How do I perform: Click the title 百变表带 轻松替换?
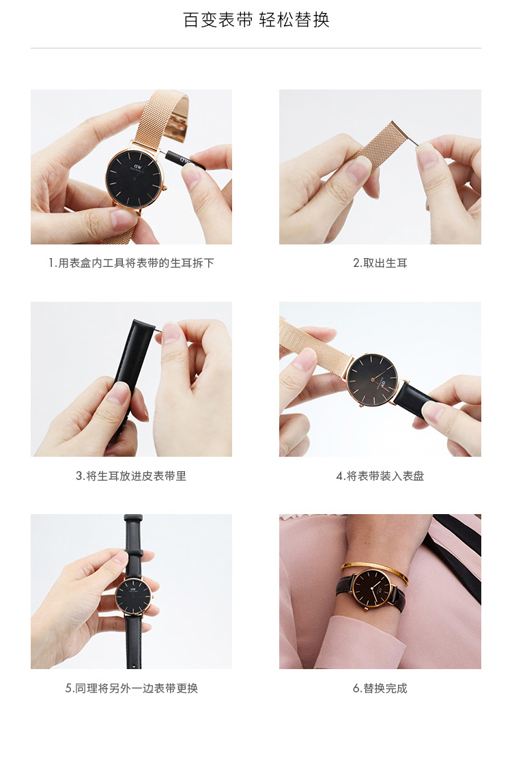point(256,20)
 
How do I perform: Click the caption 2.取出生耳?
point(380,263)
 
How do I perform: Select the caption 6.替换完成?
point(380,688)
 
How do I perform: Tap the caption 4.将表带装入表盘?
point(380,476)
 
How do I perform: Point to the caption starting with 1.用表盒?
point(131,263)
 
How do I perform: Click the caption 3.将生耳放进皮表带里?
point(131,476)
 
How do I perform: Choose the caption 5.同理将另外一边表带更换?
point(131,688)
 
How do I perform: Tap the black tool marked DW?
point(185,160)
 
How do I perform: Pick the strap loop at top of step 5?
point(133,518)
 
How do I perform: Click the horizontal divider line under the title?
point(256,48)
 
